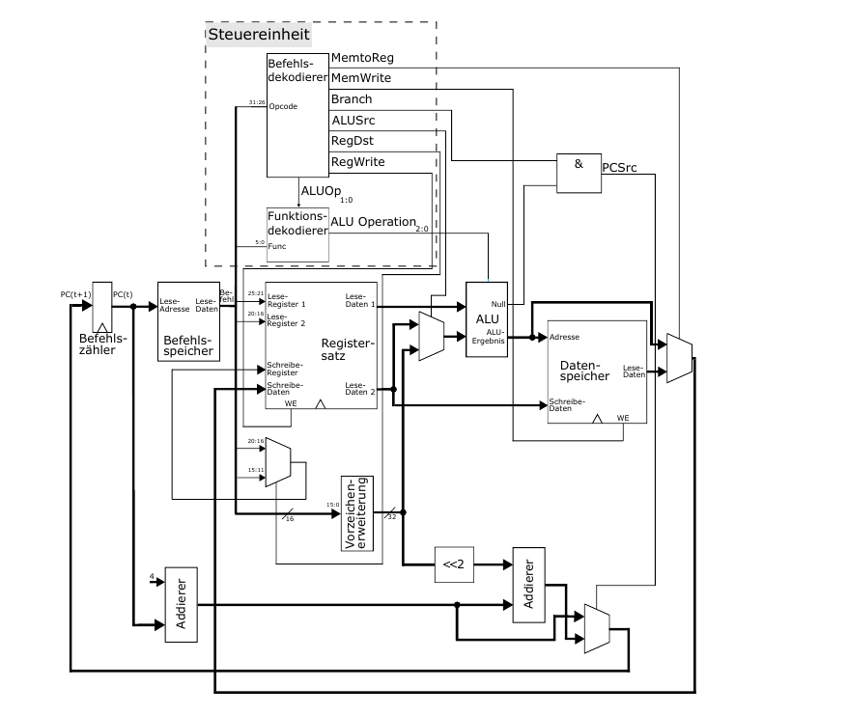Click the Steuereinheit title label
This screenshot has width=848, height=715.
259,35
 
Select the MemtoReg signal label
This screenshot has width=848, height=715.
362,58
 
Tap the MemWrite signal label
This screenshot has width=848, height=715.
361,78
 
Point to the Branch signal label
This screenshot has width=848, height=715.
352,99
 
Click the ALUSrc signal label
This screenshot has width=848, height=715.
354,120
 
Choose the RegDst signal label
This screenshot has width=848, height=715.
353,141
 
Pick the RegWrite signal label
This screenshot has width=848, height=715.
357,162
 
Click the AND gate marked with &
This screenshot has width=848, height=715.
579,170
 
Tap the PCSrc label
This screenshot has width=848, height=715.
620,168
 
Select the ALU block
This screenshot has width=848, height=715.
487,319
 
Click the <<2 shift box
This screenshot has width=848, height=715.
454,564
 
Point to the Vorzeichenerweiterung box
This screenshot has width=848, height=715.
356,512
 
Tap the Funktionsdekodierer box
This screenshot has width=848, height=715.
297,234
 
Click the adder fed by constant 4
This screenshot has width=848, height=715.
181,604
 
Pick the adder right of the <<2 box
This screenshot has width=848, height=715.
528,585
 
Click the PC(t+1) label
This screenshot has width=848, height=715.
74,293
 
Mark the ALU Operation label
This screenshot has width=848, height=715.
374,222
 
